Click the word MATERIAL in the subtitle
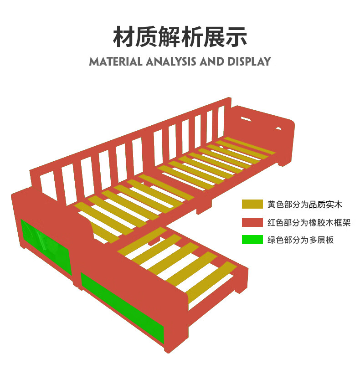click(116, 61)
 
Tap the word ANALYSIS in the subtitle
click(171, 61)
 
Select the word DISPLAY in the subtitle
click(248, 61)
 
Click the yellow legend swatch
click(252, 205)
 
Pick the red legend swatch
click(252, 222)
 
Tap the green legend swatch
click(252, 240)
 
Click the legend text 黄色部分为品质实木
click(305, 205)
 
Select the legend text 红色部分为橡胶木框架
click(309, 222)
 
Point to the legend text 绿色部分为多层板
click(301, 240)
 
